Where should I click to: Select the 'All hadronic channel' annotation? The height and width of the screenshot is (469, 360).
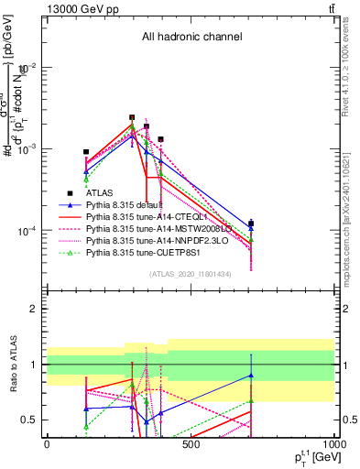[191, 38]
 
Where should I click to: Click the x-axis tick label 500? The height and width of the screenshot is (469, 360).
[191, 444]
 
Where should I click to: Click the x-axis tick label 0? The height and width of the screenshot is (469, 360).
[47, 444]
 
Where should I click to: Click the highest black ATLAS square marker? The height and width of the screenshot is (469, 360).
[132, 117]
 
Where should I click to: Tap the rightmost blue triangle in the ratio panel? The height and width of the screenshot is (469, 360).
[250, 376]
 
